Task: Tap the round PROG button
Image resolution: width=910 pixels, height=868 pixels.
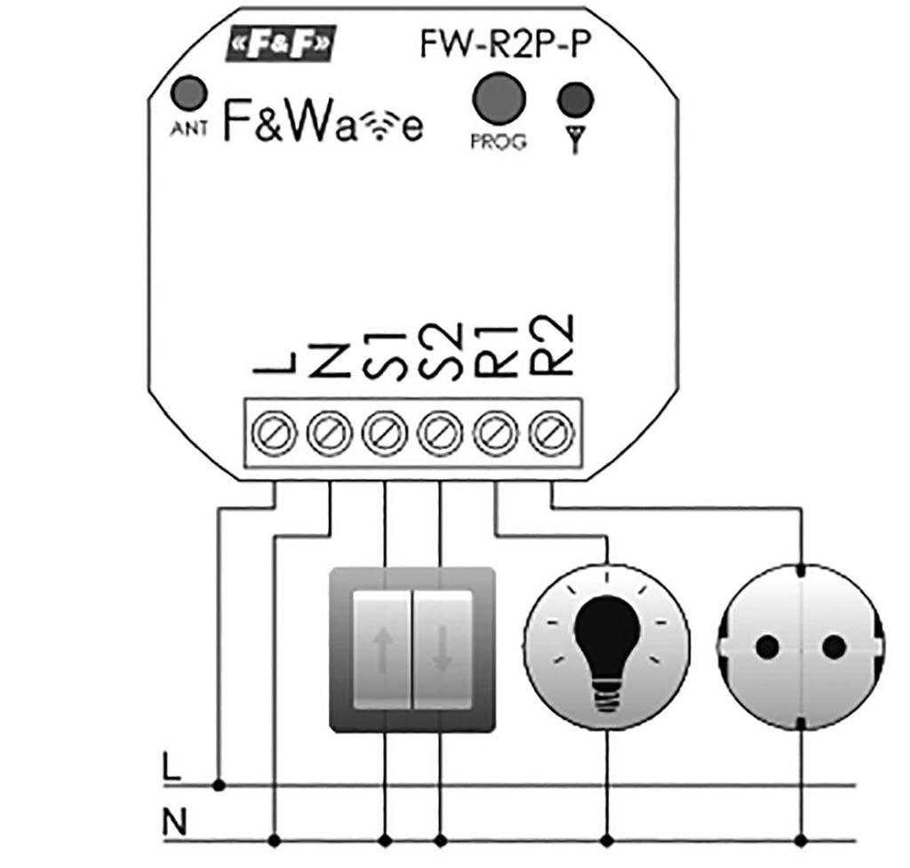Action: point(497,97)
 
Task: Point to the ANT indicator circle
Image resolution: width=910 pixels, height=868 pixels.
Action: point(188,95)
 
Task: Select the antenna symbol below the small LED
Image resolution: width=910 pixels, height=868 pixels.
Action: point(575,139)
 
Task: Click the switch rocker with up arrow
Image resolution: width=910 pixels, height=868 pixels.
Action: point(382,650)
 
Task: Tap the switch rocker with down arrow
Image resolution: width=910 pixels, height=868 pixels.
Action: point(443,650)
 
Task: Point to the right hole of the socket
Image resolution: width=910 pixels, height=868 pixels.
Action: point(834,648)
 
